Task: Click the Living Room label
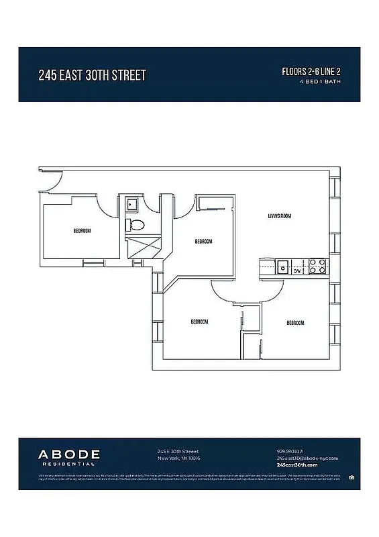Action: (279, 216)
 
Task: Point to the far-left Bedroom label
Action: (83, 231)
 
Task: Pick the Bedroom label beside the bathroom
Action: (203, 242)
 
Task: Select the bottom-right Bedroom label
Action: (296, 323)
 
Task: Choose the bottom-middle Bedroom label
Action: (199, 322)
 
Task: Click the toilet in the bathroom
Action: (133, 224)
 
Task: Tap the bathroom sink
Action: (131, 203)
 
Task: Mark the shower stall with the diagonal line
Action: (142, 246)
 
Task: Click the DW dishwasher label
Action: (297, 271)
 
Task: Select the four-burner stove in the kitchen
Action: (317, 266)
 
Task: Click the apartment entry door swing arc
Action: (51, 182)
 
